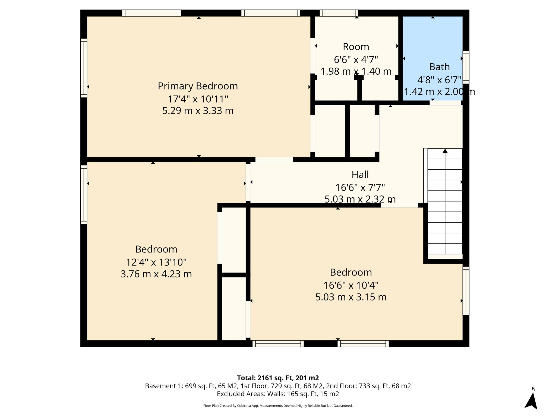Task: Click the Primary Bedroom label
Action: click(198, 86)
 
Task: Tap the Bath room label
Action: click(439, 67)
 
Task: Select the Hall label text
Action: click(360, 175)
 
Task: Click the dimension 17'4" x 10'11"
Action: click(198, 99)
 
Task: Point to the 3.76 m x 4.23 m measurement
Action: click(156, 274)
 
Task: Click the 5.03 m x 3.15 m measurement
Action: click(351, 297)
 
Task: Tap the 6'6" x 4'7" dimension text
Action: click(356, 59)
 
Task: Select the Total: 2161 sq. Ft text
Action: click(278, 378)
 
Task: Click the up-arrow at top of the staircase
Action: click(445, 151)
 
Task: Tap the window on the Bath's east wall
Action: click(466, 67)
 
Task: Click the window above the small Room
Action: click(339, 13)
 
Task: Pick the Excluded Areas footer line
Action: click(278, 394)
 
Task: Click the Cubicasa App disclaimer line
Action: click(278, 406)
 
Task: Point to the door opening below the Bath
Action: click(445, 103)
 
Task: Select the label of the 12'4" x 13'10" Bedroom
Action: click(156, 249)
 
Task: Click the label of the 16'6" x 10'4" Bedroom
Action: click(351, 272)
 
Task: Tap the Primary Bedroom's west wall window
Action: click(84, 68)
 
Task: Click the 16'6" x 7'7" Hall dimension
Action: click(360, 187)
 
